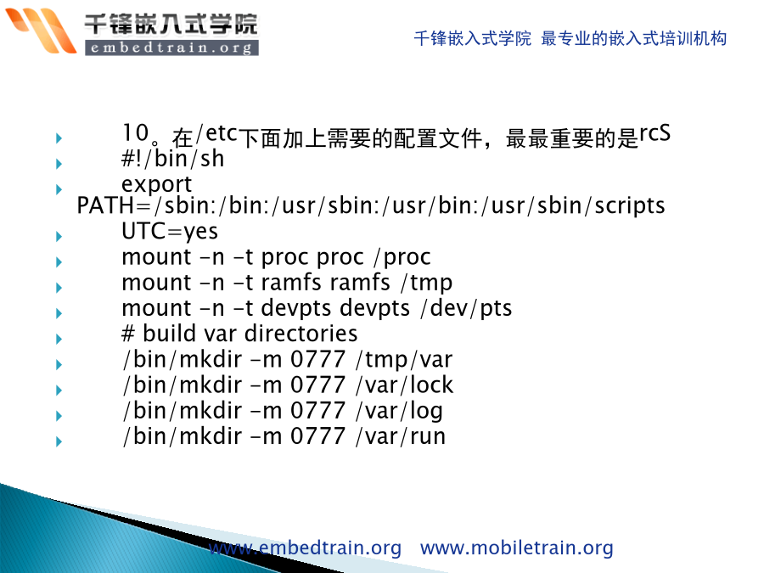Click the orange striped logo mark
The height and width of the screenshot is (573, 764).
point(41,31)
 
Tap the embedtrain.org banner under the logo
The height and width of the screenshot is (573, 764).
point(171,48)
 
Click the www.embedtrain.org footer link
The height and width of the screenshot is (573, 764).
point(305,548)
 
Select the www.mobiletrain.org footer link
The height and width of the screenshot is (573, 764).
point(516,548)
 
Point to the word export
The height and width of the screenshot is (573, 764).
point(156,185)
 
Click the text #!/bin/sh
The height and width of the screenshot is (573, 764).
point(172,159)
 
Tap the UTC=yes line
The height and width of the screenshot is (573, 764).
point(170,232)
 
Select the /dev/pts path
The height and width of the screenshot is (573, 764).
point(466,308)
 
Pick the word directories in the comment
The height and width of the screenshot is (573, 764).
point(301,334)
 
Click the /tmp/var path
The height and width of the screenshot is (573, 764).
point(404,360)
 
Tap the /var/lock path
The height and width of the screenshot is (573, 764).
point(404,385)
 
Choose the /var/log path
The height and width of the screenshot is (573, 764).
point(399,411)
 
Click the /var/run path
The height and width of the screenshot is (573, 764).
point(401,436)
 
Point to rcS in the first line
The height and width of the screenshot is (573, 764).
point(654,132)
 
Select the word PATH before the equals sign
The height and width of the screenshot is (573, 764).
point(105,205)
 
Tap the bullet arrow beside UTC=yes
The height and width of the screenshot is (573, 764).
point(59,236)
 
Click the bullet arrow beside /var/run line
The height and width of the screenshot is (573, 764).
point(59,441)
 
